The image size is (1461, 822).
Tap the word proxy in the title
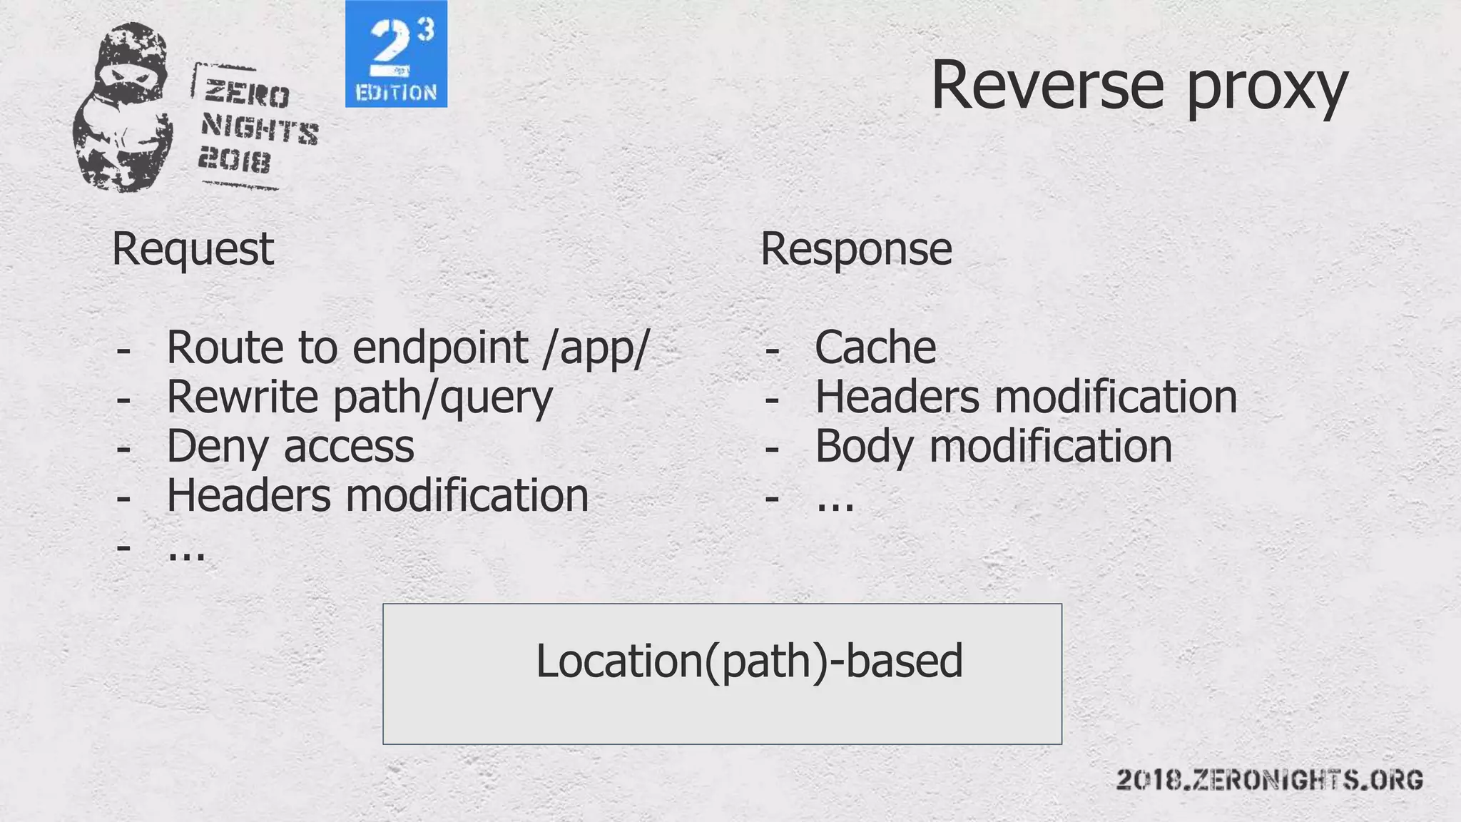pos(1267,89)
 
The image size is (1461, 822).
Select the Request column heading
pos(193,250)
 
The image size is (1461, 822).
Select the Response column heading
pos(856,250)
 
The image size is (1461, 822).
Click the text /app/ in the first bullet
pos(596,348)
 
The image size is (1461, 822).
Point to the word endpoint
pos(440,348)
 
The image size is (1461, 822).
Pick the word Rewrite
pos(244,397)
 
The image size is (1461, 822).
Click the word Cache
pos(875,348)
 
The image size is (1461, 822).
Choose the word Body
pos(863,447)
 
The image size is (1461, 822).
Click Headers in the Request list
pos(248,495)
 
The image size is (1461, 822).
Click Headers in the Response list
pos(897,397)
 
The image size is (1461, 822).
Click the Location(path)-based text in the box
pos(749,661)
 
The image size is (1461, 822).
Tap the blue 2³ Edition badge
pos(396,54)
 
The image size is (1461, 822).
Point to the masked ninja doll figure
pos(123,107)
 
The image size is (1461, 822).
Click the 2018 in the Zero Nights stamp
pos(234,161)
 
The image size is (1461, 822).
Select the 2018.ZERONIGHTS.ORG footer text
pos(1269,779)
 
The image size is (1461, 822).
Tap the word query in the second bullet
pos(496,398)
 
